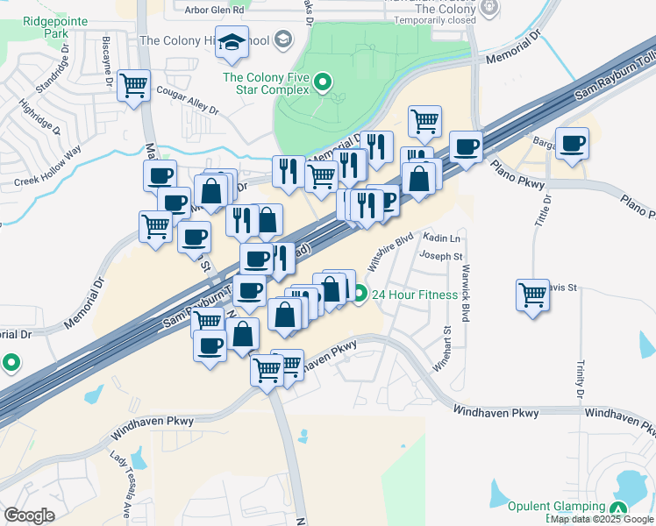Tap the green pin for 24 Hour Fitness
[x=360, y=294]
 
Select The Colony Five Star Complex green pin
[x=323, y=84]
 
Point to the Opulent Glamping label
[x=556, y=507]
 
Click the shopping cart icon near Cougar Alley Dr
[x=134, y=86]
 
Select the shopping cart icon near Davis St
[x=533, y=294]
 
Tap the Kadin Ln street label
[x=441, y=238]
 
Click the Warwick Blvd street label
[x=467, y=293]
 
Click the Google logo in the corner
[x=29, y=515]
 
